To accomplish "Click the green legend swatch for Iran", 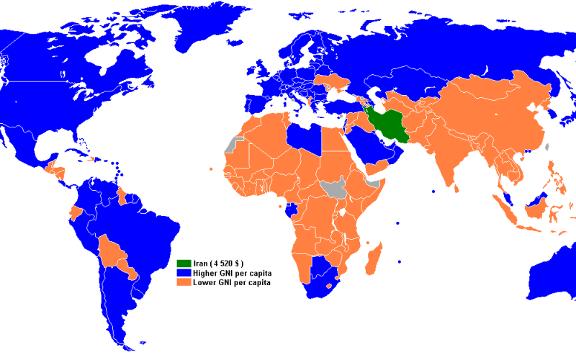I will pos(184,264).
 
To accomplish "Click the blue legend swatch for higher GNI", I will pos(184,274).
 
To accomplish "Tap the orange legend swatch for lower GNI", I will pos(184,283).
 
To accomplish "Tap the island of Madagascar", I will pos(373,258).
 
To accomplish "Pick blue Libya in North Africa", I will pos(302,137).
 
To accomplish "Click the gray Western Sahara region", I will pos(231,145).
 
